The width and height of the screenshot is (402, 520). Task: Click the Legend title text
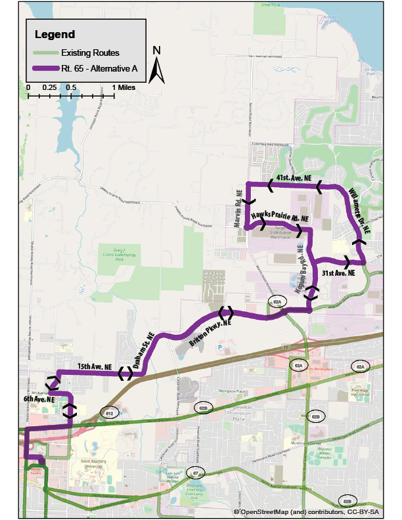(x=55, y=34)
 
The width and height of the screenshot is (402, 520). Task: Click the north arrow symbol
(x=156, y=66)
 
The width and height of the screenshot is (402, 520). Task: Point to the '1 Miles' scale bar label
(x=123, y=87)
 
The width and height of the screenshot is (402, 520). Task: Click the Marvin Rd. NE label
(x=238, y=207)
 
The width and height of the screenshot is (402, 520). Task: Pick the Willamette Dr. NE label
(x=359, y=210)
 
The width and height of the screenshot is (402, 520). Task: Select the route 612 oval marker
(x=110, y=412)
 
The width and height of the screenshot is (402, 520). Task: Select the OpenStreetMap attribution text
(x=315, y=511)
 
